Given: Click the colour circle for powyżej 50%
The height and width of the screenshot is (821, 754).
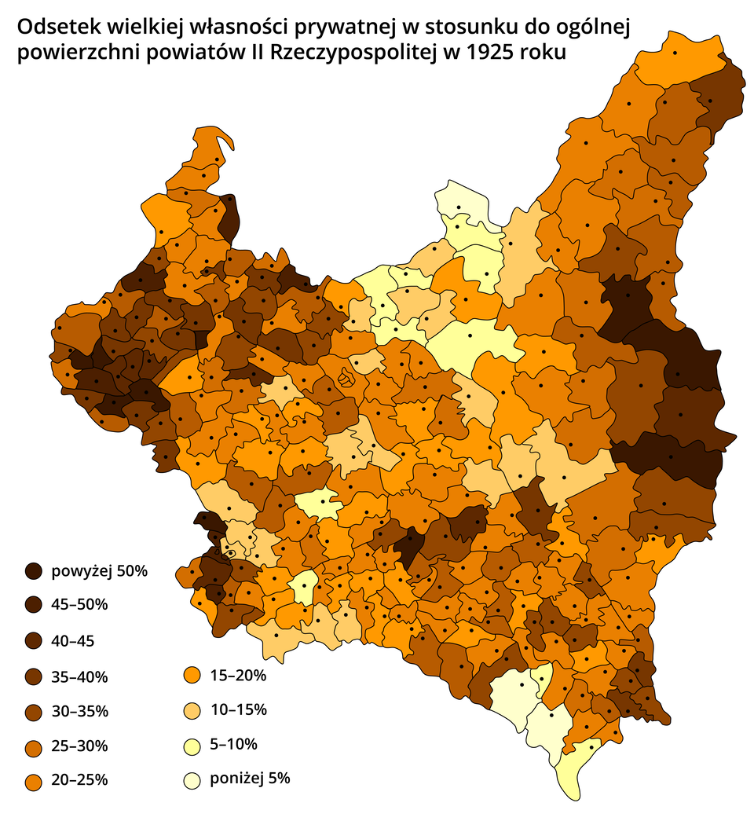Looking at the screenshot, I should (x=34, y=571).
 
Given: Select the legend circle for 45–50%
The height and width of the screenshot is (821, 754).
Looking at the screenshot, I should (x=34, y=606).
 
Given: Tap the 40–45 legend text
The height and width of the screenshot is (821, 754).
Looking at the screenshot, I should (x=72, y=641).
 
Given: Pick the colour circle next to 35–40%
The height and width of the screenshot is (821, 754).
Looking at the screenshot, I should (x=34, y=676).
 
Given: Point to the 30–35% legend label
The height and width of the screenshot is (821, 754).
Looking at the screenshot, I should (x=79, y=711).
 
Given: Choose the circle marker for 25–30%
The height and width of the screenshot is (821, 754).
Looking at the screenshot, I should (x=34, y=746).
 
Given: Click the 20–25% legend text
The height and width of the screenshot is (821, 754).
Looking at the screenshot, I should (x=79, y=780).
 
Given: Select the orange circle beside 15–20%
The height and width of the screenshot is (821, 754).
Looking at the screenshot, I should (x=190, y=676).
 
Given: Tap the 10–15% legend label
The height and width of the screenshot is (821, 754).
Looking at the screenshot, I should (x=238, y=710).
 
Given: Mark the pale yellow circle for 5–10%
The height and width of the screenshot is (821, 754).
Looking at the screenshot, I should (x=190, y=745).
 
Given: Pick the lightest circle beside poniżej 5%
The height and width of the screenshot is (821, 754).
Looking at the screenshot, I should (x=190, y=780).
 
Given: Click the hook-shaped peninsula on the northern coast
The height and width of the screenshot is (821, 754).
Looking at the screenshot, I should (x=222, y=139).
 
